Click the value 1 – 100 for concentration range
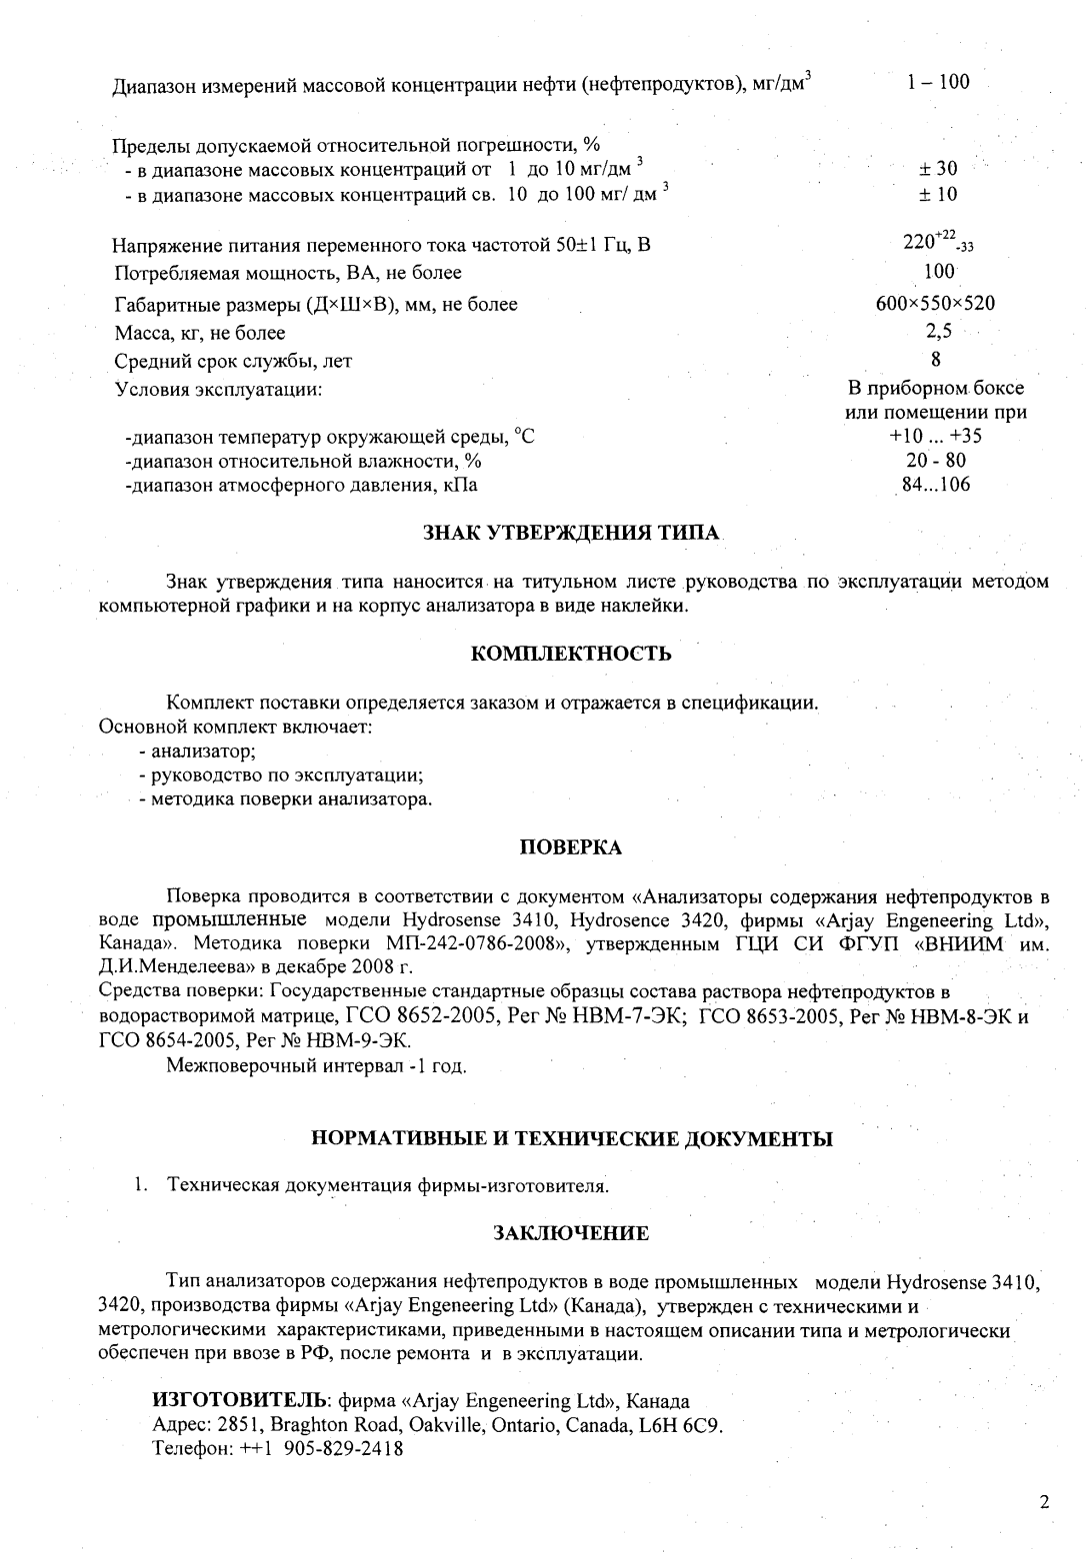pyautogui.click(x=938, y=83)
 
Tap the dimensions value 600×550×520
pyautogui.click(x=935, y=304)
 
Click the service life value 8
pyautogui.click(x=936, y=359)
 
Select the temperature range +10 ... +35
pyautogui.click(x=935, y=437)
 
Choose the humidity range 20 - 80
pyautogui.click(x=936, y=461)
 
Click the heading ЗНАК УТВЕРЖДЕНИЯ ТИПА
pyautogui.click(x=571, y=533)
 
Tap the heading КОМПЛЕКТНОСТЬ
pyautogui.click(x=571, y=655)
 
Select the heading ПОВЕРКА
pyautogui.click(x=571, y=848)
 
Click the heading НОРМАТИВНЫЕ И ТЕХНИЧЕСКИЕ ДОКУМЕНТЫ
pyautogui.click(x=571, y=1138)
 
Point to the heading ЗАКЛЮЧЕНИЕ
pyautogui.click(x=571, y=1233)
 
